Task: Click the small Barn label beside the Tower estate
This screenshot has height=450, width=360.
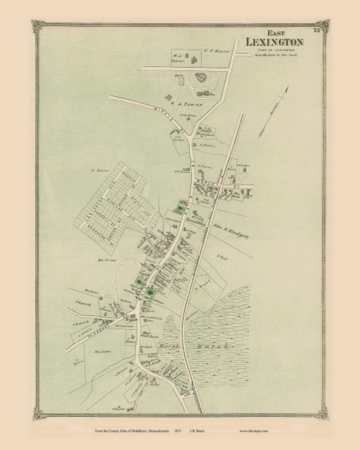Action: (x=182, y=76)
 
